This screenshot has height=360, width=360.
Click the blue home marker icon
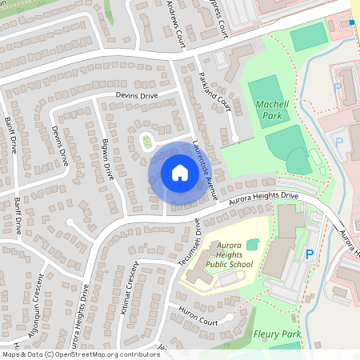pos(179,173)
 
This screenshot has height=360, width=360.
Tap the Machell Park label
pos(272,110)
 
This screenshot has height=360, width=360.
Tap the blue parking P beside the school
pos(309,254)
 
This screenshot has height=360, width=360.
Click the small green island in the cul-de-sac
pos(147,143)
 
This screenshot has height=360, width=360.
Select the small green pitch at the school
pos(254,243)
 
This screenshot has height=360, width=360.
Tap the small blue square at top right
pos(351,22)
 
